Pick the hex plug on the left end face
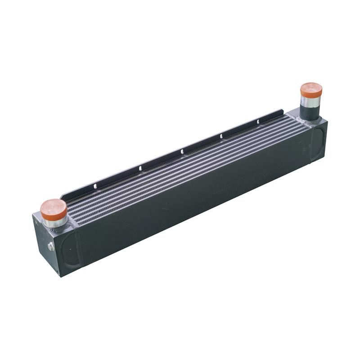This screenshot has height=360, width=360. click(51, 246)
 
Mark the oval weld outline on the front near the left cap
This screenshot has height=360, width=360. click(72, 247)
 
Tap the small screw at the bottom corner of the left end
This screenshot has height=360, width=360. click(57, 272)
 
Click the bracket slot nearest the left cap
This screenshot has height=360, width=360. click(95, 184)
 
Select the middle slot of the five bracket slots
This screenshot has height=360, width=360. click(181, 152)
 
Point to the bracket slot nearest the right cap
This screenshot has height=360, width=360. click(258, 121)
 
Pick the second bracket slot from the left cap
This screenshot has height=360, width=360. click(140, 168)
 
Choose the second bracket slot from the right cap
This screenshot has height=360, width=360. click(221, 136)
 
